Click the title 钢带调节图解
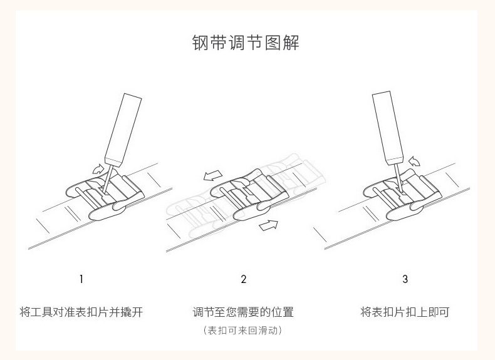(x=246, y=43)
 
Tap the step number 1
(x=81, y=279)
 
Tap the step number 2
(x=244, y=279)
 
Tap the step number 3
(x=405, y=279)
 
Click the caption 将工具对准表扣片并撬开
(x=81, y=312)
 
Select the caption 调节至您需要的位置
(x=243, y=312)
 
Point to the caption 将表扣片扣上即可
(x=405, y=312)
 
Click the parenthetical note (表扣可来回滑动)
(x=243, y=330)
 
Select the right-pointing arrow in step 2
(x=269, y=225)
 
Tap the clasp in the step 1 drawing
(x=100, y=197)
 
